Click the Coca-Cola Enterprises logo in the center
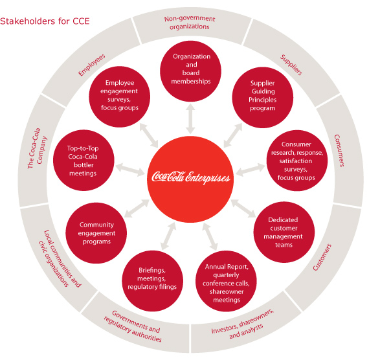point(190,177)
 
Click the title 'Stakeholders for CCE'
point(45,21)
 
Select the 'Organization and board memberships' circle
point(190,71)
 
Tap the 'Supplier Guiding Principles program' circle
point(263,98)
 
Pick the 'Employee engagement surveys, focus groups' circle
point(120,96)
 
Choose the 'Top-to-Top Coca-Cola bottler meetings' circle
point(84,160)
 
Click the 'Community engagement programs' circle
point(96,233)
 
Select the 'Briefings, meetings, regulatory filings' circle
point(152,281)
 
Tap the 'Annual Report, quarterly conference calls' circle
point(226,281)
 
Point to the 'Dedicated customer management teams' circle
point(284,232)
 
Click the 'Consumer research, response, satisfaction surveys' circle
point(297,161)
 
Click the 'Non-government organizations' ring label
point(190,23)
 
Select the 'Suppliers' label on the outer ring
point(291,65)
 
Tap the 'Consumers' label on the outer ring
point(339,151)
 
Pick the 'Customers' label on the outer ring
point(322,257)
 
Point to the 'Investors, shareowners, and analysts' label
point(243,324)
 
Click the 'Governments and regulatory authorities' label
point(133,326)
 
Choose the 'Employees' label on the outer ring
point(92,65)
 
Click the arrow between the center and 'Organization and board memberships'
point(190,118)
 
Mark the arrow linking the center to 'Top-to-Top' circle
point(130,170)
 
